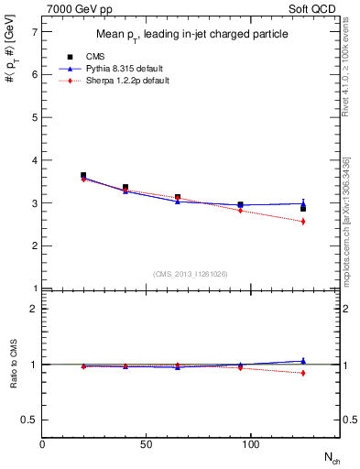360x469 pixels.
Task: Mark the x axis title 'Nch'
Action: [x=333, y=457]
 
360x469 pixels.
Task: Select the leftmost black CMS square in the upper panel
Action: [x=83, y=175]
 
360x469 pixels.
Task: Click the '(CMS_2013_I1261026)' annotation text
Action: [x=191, y=275]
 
